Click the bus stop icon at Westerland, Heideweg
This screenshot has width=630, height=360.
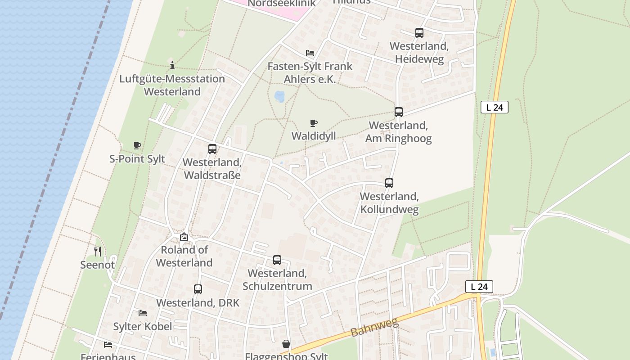point(419,33)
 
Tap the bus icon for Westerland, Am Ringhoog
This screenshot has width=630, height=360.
point(399,112)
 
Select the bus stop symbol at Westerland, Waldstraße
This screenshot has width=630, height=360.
point(212,149)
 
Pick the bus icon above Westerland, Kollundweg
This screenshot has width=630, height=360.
point(389,183)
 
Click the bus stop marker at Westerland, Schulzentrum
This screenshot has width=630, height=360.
point(277,260)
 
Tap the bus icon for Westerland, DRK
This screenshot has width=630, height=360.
point(198,289)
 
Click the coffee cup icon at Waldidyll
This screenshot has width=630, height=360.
point(314,123)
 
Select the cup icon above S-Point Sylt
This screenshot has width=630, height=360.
point(137,145)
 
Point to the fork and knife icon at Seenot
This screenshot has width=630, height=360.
point(98,251)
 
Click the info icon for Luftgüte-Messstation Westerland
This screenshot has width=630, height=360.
point(172,65)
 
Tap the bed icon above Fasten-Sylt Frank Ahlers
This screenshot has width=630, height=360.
point(310,53)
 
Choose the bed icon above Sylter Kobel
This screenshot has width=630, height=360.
point(143,313)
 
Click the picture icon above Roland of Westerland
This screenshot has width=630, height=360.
point(184,237)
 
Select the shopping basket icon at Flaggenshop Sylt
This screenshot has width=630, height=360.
point(286,344)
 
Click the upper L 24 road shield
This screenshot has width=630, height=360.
point(495,107)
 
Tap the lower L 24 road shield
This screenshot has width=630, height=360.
point(479,287)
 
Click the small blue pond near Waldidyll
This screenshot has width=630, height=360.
point(279,97)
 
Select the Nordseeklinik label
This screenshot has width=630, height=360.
point(282,4)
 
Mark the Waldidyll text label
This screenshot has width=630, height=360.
point(314,136)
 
